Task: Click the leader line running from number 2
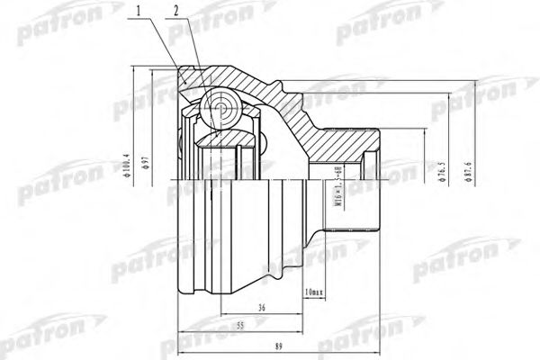pyautogui.click(x=195, y=53)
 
